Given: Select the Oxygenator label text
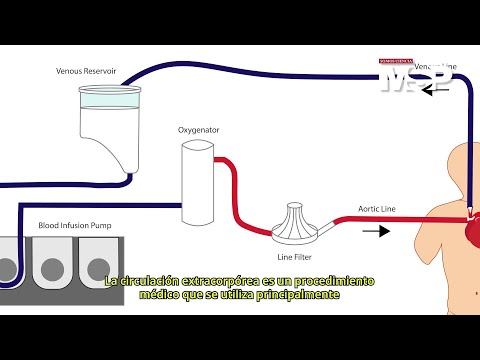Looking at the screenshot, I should point(200,130).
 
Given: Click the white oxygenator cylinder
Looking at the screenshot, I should point(198,183).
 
